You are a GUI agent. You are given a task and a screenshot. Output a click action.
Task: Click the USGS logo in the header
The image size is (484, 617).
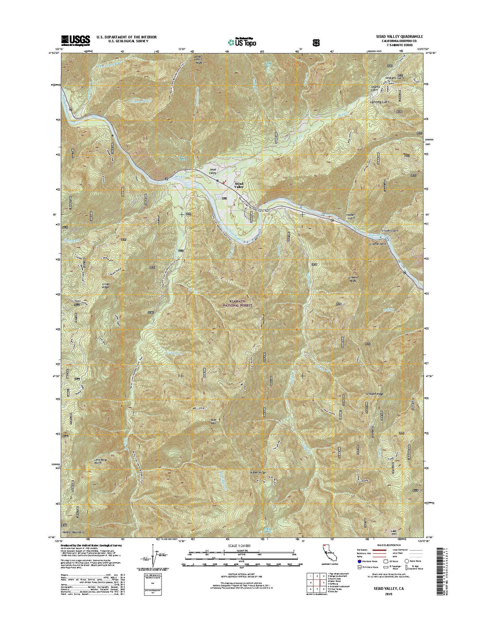coord(76,40)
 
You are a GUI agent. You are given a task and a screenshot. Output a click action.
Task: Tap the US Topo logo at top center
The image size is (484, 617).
coord(242,41)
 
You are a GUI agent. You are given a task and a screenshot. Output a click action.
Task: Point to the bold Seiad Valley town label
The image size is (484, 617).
coord(239,185)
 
